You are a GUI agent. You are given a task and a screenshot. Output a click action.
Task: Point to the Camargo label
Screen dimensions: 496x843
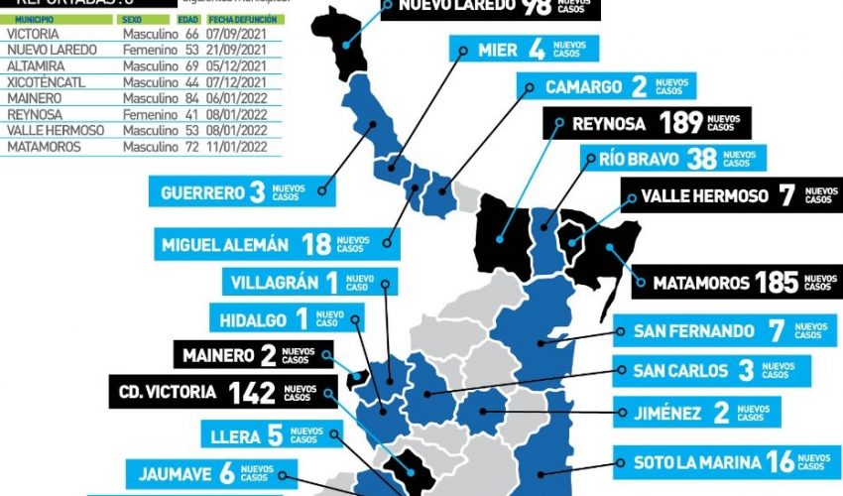[606, 87]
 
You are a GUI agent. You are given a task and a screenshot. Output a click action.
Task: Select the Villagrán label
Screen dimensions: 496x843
[308, 282]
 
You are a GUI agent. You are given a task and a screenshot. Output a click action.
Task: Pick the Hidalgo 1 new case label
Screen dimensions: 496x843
[286, 318]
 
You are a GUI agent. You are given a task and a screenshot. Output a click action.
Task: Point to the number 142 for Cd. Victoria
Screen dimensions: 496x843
[251, 392]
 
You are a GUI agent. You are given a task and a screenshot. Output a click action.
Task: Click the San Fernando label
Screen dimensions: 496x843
[723, 330]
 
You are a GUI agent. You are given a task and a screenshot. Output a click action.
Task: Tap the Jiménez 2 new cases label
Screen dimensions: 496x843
[695, 412]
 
